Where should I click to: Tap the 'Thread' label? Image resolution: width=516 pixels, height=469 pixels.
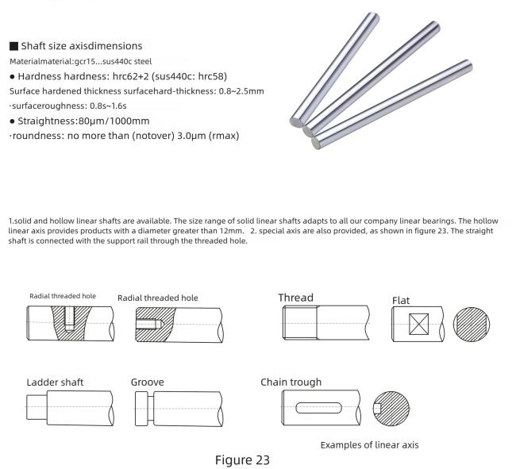295,298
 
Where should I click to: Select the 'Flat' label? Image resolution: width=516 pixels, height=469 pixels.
401,301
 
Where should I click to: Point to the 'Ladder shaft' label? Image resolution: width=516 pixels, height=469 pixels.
55,382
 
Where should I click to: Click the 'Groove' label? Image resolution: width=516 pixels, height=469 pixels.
148,382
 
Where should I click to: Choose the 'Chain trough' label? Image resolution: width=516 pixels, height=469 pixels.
291,382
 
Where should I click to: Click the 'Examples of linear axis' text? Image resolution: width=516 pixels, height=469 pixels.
369,444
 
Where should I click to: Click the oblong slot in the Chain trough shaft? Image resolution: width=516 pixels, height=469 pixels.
319,408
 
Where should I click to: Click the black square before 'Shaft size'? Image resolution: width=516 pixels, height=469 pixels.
13,46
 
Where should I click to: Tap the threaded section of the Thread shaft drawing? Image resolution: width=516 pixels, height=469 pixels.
301,324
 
